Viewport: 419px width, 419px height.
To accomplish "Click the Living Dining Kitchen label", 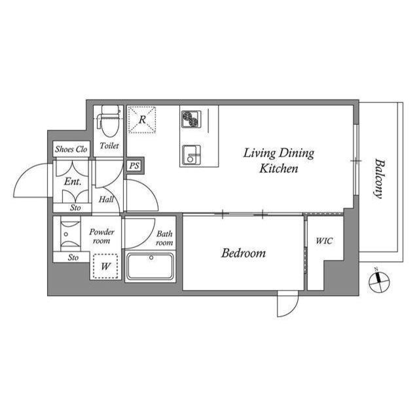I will [279, 160].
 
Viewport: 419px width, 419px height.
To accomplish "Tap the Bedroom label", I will [243, 253].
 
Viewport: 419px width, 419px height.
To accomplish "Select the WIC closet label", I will [324, 241].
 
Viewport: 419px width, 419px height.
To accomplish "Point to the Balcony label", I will [378, 178].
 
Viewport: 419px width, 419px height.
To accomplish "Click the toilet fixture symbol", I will [108, 120].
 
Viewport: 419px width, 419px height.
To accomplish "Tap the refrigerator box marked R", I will [142, 120].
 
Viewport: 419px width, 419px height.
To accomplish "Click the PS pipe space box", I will [134, 166].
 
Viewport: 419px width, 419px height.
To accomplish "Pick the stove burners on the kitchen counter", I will [191, 118].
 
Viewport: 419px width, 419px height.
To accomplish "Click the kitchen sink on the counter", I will [191, 155].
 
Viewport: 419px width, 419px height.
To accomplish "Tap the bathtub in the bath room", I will [151, 267].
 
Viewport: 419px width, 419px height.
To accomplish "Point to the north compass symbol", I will [378, 282].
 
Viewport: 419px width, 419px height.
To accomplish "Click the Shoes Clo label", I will [71, 149].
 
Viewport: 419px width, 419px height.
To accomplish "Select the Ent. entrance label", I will [72, 181].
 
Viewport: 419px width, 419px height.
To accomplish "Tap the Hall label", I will [107, 199].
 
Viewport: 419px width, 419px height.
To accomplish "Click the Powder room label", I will [101, 236].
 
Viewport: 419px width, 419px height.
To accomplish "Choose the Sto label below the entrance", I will [77, 208].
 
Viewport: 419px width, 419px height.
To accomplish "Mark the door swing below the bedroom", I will [287, 303].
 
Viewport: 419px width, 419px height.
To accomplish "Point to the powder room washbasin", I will [66, 233].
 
